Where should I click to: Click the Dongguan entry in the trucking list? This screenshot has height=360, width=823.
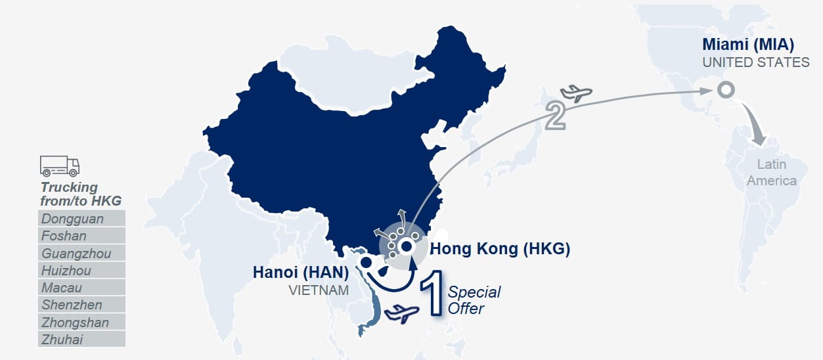coord(81,218)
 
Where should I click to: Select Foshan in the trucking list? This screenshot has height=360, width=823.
coord(81,235)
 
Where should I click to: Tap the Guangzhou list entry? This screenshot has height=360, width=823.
coord(81,253)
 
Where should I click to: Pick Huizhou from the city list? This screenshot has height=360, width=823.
coord(81,270)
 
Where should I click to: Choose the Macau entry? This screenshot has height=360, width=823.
coord(81,287)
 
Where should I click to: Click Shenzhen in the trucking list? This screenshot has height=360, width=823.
coord(81,305)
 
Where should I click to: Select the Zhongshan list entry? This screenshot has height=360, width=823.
coord(81,322)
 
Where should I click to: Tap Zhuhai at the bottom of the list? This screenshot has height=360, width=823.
coord(81,339)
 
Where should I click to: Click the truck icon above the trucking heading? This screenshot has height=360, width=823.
coord(60,166)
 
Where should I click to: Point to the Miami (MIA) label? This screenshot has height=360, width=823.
coord(748,45)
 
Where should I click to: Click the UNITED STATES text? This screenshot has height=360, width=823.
coord(756,62)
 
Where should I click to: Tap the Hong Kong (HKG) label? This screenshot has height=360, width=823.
coord(500,249)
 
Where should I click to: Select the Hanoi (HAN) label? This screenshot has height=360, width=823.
coord(301,273)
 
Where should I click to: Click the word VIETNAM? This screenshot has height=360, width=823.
coord(319,290)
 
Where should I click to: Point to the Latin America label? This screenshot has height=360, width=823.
coord(772,172)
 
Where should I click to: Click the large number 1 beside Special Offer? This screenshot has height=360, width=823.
coord(433,293)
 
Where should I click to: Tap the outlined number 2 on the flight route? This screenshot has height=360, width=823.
coord(555,115)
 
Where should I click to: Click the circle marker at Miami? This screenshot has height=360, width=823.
coord(726,89)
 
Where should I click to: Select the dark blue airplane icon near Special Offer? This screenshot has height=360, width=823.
coord(401,313)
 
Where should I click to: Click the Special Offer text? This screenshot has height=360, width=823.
coord(474,300)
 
